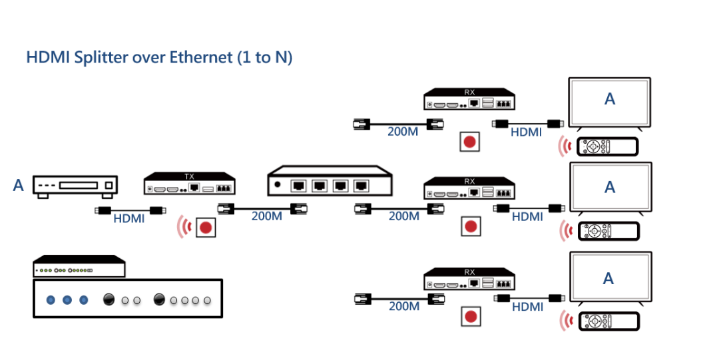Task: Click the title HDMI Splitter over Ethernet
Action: pyautogui.click(x=159, y=57)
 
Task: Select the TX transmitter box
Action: pyautogui.click(x=190, y=184)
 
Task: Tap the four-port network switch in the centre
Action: pyautogui.click(x=330, y=181)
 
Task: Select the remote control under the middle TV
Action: pyautogui.click(x=608, y=231)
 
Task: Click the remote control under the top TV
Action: pyautogui.click(x=608, y=146)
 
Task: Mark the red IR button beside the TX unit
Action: pyautogui.click(x=206, y=227)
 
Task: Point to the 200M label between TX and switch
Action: pyautogui.click(x=266, y=216)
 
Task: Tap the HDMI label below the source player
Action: pyautogui.click(x=129, y=218)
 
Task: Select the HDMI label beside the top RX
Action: pyautogui.click(x=526, y=132)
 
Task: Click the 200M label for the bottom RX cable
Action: pyautogui.click(x=403, y=307)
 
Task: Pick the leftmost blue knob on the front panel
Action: pyautogui.click(x=51, y=300)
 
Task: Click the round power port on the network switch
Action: pyautogui.click(x=278, y=184)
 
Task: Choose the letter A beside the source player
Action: pyautogui.click(x=19, y=186)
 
